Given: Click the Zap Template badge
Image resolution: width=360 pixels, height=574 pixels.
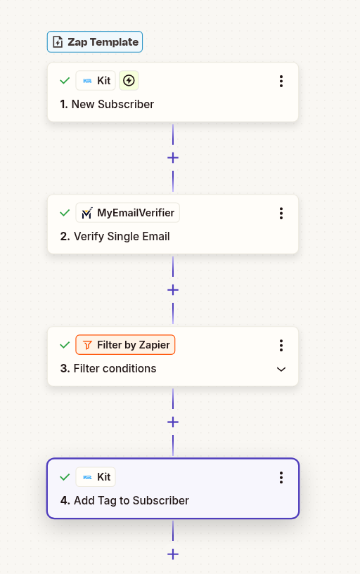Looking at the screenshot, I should pos(95,42).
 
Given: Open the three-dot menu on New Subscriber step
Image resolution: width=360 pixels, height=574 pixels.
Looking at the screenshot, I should pos(281,81).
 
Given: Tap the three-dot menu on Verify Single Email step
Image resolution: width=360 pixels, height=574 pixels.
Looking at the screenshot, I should pos(281,213).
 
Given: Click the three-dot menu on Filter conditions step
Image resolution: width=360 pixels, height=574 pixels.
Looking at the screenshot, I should pos(281,345).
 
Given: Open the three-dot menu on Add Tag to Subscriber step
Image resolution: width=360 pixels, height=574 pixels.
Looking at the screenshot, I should pos(281,477).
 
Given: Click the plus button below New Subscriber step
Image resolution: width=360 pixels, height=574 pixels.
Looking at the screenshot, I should pos(173,157).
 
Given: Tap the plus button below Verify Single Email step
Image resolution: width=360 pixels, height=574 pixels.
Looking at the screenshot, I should pos(173,289).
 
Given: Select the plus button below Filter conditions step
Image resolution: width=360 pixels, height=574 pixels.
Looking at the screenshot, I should pos(173,422).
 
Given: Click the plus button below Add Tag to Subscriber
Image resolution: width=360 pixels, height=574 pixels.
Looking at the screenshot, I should pos(173,554).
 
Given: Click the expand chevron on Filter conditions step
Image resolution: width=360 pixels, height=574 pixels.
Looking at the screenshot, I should pos(281,369).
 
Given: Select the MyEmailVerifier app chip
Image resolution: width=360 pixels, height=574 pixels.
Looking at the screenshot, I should pos(127,213).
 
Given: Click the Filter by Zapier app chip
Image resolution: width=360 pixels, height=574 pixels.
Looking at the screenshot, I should pos(125,345).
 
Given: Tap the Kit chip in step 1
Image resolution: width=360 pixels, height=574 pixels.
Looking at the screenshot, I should pos(96,81).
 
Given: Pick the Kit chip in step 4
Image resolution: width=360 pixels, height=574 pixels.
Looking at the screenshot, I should pos(96,477).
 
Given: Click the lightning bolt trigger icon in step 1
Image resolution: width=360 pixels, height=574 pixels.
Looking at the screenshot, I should pos(129,81).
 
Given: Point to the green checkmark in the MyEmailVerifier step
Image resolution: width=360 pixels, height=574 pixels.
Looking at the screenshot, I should pos(65,213).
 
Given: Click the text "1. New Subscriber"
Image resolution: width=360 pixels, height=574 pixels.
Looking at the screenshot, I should pos(107,105).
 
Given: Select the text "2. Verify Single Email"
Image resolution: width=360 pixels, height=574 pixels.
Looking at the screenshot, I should pos(115,237).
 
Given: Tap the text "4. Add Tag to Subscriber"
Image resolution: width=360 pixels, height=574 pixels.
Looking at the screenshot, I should pos(124,501).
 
